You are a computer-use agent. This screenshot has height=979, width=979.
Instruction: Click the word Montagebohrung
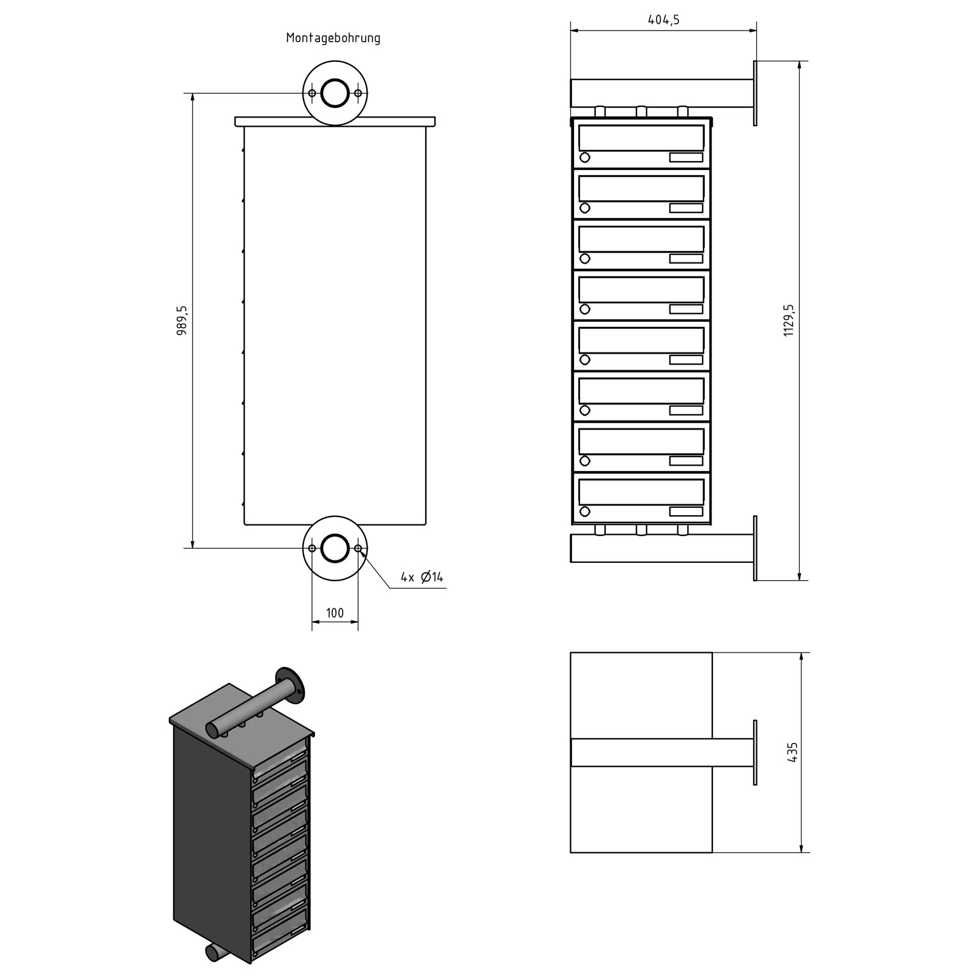333,38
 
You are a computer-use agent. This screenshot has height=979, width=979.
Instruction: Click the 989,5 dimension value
182,321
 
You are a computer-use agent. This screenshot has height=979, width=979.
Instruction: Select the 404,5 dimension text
663,20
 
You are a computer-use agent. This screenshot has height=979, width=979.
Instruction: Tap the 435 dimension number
794,752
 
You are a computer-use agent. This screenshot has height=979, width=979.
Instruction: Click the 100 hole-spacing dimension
335,612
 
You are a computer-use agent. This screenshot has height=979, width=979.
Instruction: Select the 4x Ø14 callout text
422,576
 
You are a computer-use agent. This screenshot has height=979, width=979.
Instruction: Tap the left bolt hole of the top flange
312,93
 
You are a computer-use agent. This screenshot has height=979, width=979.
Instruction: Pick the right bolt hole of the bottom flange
358,548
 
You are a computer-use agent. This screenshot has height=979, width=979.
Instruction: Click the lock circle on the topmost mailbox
585,158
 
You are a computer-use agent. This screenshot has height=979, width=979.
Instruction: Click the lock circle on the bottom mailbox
585,512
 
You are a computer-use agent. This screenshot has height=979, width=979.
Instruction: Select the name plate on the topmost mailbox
686,157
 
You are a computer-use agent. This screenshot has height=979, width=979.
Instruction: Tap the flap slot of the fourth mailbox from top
641,289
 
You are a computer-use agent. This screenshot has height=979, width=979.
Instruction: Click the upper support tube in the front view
661,92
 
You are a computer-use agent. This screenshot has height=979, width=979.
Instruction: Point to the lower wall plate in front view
755,548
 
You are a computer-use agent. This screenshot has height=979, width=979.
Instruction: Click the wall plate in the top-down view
755,753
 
